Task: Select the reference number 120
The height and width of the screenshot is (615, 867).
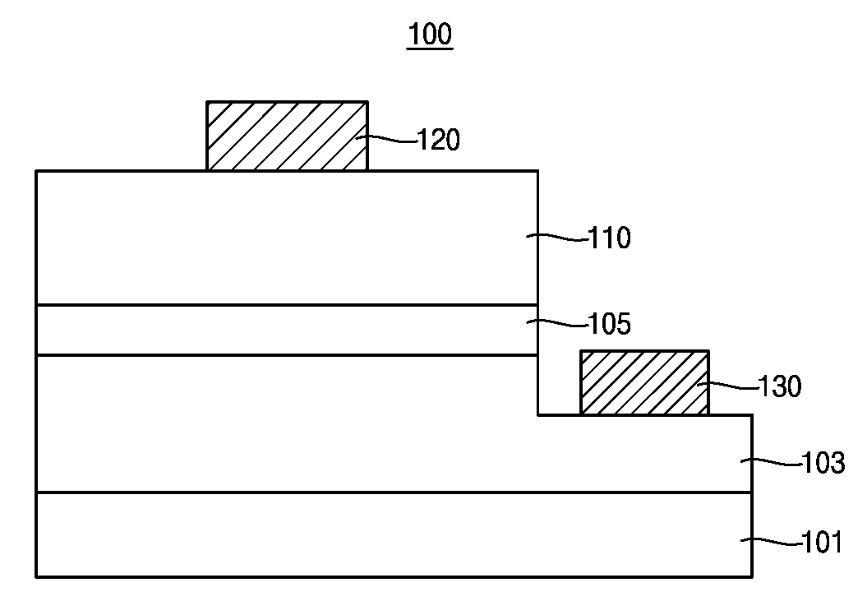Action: tap(438, 140)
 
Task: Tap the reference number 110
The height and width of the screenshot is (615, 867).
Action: tap(609, 238)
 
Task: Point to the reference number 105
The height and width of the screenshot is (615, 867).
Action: tap(609, 324)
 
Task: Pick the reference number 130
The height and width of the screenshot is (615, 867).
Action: tap(780, 386)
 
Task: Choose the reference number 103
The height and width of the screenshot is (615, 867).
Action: tap(823, 462)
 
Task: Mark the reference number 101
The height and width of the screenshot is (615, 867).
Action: tap(822, 542)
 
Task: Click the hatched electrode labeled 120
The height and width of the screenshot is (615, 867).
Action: tap(287, 136)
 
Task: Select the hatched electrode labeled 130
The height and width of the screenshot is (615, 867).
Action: tap(645, 382)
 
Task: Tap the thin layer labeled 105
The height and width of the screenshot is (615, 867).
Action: tap(287, 331)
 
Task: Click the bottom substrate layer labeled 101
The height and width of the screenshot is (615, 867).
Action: tap(394, 534)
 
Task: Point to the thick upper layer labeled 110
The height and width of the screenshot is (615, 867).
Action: tap(287, 238)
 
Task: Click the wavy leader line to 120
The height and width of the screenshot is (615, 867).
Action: tap(386, 139)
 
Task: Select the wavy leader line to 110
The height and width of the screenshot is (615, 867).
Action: tap(557, 238)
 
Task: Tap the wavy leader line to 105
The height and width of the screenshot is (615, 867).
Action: tap(557, 323)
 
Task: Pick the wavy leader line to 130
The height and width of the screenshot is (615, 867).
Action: tap(727, 386)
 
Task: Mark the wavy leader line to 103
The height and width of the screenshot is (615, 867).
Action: tap(772, 462)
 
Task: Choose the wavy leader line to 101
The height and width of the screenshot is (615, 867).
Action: tap(772, 542)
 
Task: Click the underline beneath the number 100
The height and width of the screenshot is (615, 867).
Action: tap(430, 49)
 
